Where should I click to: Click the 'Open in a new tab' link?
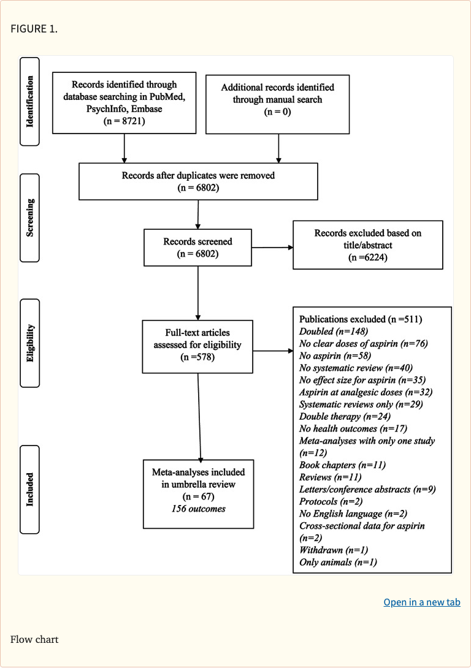pos(421,602)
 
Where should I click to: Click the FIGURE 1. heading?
pos(34,29)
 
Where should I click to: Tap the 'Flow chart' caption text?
pos(34,639)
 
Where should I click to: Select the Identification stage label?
pos(30,101)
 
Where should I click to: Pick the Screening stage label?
pos(30,218)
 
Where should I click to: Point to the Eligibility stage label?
pos(30,343)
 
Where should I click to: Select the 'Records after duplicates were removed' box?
pos(198,181)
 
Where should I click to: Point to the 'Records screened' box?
pos(197,247)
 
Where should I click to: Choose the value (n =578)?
pos(197,357)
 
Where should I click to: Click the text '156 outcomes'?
pos(198,508)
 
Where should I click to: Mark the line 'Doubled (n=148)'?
pos(330,331)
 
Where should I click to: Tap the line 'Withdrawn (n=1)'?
pos(333,550)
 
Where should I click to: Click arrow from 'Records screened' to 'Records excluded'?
pos(272,248)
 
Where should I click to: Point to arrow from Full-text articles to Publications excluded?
pos(272,351)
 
